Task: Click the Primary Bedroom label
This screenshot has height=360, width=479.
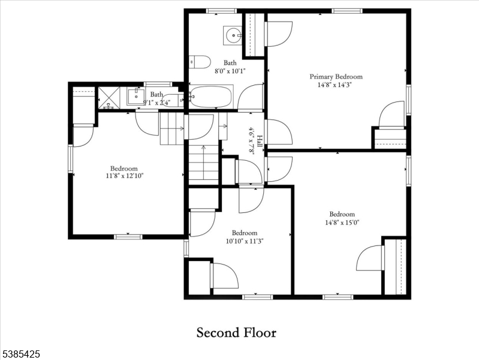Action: click(336, 76)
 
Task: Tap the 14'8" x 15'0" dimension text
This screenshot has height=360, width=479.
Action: click(342, 223)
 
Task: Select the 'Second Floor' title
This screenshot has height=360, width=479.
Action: click(236, 332)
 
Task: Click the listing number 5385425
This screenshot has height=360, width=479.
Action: click(20, 354)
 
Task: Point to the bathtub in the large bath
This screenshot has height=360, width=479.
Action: click(211, 97)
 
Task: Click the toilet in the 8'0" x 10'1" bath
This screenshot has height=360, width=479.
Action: click(200, 62)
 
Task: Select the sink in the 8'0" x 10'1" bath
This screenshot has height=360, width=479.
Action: click(233, 35)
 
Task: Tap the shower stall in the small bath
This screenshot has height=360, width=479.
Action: click(109, 98)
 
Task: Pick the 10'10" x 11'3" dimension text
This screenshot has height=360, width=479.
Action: click(245, 241)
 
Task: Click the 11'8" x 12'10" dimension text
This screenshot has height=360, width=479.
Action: click(125, 176)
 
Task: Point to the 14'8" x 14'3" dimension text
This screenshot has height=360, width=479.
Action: click(335, 85)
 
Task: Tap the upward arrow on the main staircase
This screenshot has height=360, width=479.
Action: click(203, 163)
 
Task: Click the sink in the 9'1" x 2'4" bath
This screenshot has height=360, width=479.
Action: click(135, 96)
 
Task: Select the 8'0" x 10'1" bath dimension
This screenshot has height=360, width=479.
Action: click(230, 71)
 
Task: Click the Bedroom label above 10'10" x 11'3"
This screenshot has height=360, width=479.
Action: click(245, 233)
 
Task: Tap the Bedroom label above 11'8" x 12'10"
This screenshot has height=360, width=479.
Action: click(124, 168)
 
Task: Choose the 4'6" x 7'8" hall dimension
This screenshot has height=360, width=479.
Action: click(252, 142)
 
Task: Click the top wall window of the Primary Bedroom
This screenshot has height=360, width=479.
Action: click(347, 11)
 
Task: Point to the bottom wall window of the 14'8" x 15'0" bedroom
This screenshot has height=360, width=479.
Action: click(338, 297)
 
